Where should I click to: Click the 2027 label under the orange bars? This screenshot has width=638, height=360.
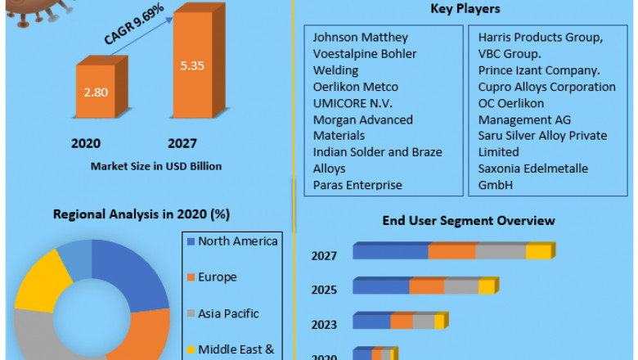[182, 143]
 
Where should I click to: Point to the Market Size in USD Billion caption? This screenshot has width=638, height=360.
[156, 166]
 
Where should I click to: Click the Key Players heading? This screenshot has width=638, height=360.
[465, 9]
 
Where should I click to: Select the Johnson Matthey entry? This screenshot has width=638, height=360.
[360, 38]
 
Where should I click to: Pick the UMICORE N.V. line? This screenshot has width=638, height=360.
[353, 103]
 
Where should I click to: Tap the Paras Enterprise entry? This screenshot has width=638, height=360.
[357, 185]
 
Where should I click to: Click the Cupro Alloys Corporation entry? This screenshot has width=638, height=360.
[546, 87]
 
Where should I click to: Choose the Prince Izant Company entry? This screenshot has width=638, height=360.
[539, 70]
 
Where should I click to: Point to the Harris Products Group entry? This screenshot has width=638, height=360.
[541, 38]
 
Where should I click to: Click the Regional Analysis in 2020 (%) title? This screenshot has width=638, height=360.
[142, 214]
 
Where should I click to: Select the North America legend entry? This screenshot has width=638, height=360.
[237, 241]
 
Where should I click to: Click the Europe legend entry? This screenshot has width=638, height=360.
[217, 277]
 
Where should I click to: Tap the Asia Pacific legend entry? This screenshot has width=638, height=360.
[228, 313]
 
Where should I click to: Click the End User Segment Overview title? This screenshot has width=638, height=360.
[469, 221]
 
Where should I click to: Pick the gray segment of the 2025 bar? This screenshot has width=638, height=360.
[461, 287]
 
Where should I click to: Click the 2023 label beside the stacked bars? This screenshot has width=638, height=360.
[324, 324]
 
